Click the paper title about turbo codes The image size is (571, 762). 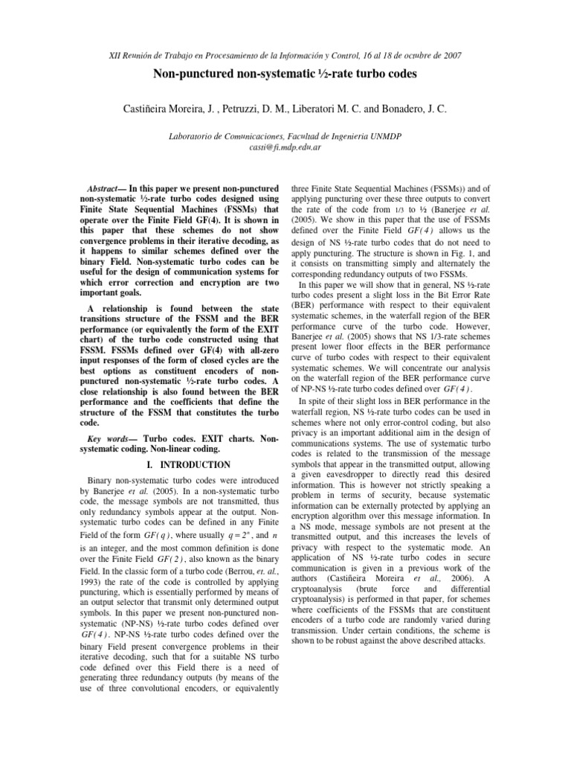285,74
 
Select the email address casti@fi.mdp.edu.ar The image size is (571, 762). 285,147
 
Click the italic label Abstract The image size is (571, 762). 103,190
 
